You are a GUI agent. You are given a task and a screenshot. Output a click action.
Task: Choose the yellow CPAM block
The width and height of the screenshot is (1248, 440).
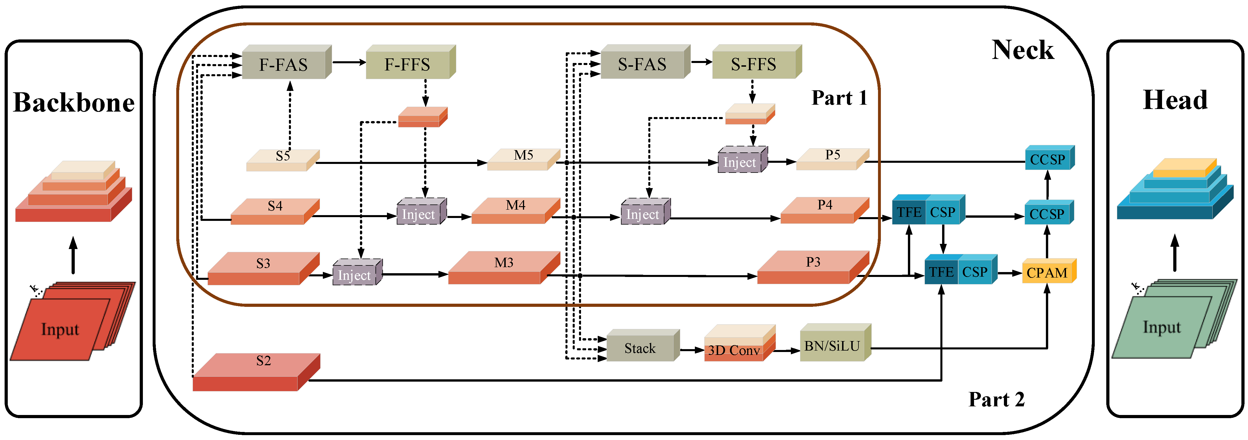tap(1047, 272)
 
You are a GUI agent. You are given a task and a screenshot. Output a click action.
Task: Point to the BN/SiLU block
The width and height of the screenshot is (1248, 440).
tap(832, 345)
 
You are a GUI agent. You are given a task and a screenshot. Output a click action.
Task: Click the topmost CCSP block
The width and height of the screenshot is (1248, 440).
tap(1047, 159)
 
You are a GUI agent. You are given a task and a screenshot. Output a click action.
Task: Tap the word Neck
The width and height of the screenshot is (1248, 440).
tap(1022, 50)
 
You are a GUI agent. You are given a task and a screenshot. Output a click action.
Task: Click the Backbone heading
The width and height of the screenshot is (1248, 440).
tap(74, 103)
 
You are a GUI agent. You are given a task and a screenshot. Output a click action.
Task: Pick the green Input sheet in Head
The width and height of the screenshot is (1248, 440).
tap(1162, 328)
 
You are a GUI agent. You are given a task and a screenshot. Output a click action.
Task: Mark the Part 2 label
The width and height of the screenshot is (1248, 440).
tap(996, 399)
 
